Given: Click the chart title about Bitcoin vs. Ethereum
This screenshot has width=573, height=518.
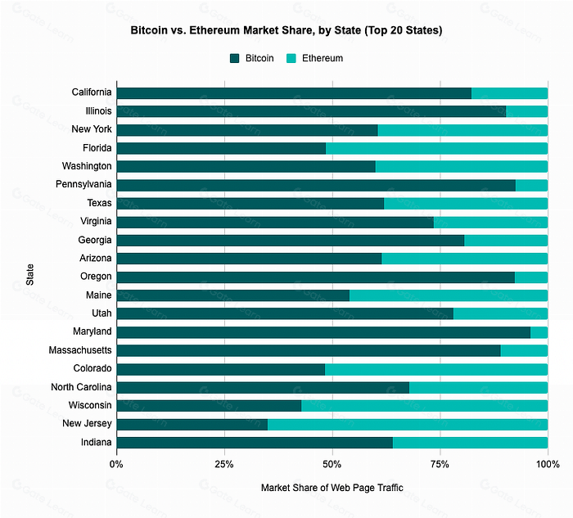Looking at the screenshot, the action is (x=286, y=30).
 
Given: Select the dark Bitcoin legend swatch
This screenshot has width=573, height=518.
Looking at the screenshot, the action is (x=234, y=58).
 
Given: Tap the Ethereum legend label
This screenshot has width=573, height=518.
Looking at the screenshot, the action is (x=323, y=58).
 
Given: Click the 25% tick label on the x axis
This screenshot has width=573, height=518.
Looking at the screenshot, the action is (x=224, y=464).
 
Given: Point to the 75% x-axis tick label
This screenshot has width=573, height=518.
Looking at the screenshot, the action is (x=440, y=464).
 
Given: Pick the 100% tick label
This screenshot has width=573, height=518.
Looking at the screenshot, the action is (x=548, y=464).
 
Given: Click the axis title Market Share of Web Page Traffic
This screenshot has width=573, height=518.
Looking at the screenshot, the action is (x=332, y=488).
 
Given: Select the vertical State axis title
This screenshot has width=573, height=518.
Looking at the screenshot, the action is (x=29, y=275).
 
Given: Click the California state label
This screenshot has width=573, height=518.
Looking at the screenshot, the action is (x=92, y=92).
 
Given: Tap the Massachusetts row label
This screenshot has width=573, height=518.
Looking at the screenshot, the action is (x=80, y=350).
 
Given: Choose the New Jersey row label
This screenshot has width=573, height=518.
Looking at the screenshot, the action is (x=87, y=423).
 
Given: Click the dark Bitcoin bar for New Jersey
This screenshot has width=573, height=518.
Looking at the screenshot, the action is (x=192, y=425).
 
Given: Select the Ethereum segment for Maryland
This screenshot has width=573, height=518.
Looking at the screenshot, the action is (x=539, y=332).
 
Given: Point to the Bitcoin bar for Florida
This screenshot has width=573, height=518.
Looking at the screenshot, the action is (x=221, y=148).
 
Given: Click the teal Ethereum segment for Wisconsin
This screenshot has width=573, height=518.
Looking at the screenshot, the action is (x=425, y=406).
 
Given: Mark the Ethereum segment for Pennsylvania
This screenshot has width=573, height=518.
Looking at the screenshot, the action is (x=532, y=185).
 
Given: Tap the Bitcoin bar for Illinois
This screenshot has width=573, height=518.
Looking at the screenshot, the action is (x=311, y=111).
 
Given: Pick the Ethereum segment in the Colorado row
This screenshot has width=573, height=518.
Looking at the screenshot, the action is (x=436, y=369).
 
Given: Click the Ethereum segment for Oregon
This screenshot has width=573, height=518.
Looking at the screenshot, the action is (x=531, y=277).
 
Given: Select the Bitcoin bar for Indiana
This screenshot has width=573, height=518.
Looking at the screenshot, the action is (x=255, y=443).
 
